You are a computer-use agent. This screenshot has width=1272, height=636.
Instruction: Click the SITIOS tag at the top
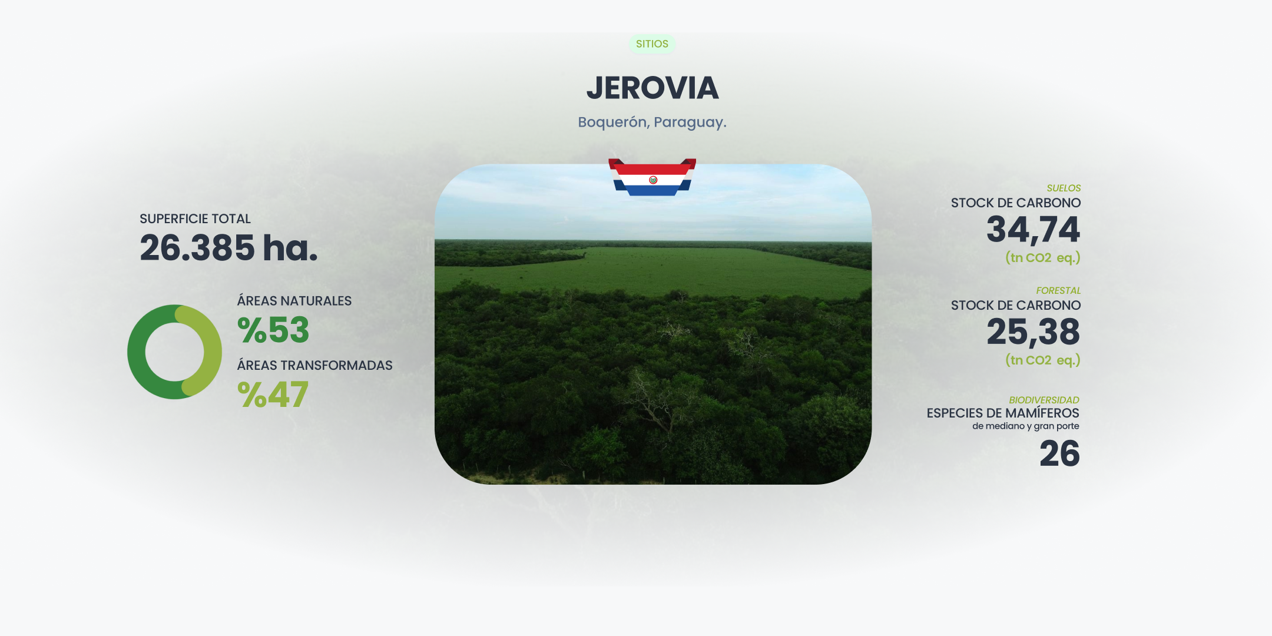point(652,44)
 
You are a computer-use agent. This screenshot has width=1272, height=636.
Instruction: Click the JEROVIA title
point(652,88)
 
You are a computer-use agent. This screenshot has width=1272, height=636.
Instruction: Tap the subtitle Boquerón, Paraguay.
point(652,122)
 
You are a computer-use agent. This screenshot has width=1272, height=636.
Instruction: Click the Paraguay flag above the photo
point(652,177)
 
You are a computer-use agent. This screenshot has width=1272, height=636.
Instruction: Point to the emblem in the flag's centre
point(652,180)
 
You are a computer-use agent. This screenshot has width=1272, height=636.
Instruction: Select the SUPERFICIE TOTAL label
point(195,219)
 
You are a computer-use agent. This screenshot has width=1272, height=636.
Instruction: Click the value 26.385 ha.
point(228,248)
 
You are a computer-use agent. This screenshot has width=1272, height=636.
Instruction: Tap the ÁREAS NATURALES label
point(294,301)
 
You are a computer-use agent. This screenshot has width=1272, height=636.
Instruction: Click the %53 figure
point(273,330)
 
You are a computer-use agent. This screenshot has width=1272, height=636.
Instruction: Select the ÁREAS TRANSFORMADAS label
point(314,366)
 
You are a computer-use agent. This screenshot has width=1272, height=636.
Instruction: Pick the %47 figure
point(273,395)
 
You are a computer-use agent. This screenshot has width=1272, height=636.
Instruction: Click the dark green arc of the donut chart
point(138,359)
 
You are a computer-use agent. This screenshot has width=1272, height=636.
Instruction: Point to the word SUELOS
point(1064,188)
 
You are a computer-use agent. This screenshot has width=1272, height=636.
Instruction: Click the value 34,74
point(1033,230)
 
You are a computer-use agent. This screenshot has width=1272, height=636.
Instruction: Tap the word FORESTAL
point(1058,291)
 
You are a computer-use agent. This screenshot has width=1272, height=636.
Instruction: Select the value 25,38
point(1033,332)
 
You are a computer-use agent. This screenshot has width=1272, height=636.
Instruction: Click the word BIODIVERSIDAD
point(1044,400)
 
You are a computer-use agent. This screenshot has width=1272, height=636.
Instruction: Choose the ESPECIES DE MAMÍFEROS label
point(1002,413)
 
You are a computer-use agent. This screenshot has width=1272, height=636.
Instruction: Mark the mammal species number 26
point(1059,454)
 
